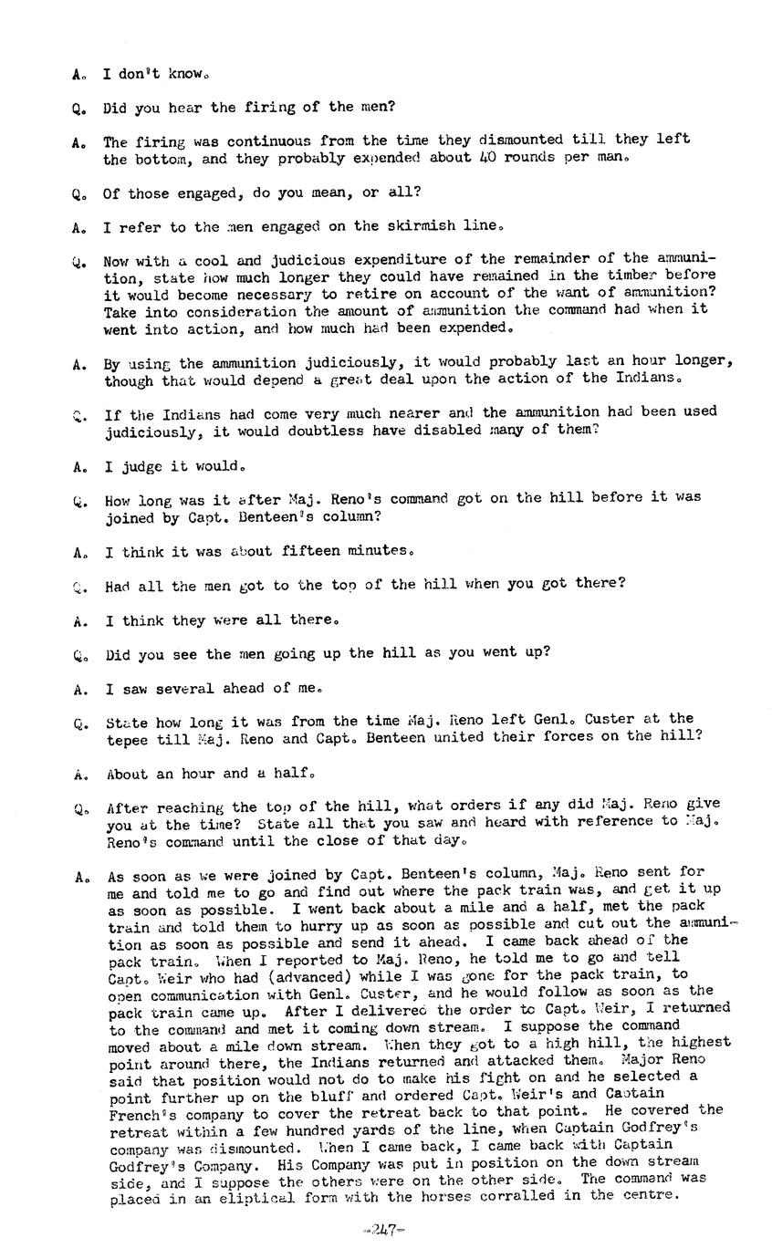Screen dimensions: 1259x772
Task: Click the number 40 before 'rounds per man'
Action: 488,158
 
